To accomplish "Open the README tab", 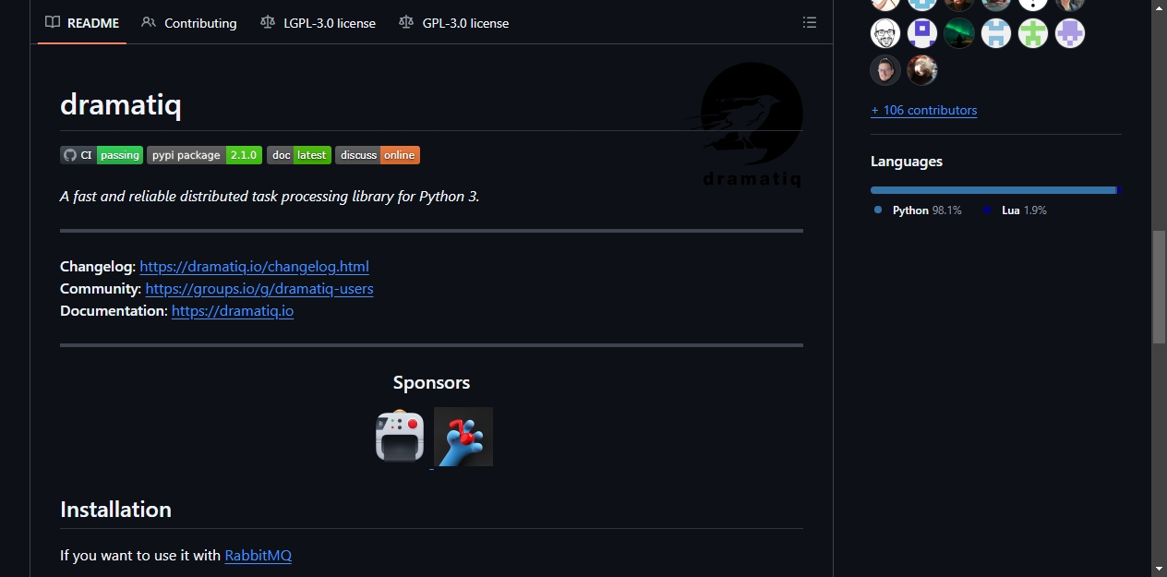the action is [x=82, y=23].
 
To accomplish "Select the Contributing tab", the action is [x=188, y=23].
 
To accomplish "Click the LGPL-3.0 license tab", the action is [x=318, y=23].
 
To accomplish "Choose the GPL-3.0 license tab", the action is [x=453, y=23].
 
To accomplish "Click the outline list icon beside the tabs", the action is [x=809, y=22].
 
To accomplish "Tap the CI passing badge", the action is [x=102, y=155].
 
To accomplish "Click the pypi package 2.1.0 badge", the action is [x=204, y=155].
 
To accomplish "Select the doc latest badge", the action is [x=299, y=155].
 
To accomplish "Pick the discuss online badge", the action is [x=378, y=155].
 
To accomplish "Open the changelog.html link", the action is [x=254, y=267].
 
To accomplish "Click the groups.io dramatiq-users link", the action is [x=259, y=288].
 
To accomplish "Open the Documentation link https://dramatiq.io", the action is [x=233, y=311].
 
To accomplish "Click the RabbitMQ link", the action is [x=258, y=555].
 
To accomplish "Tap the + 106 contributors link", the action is [x=923, y=111].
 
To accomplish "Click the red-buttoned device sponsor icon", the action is [x=400, y=436].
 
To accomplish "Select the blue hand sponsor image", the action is [x=463, y=437].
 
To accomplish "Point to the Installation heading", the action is [x=115, y=510].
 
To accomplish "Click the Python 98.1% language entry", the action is [x=918, y=210].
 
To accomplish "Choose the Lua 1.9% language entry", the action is [x=1015, y=210].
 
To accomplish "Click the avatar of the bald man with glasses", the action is [x=885, y=33].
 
